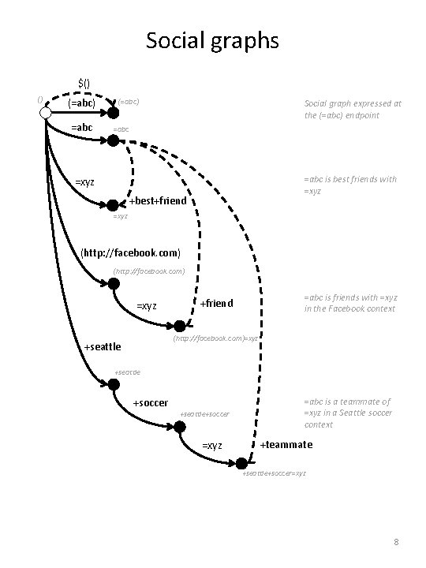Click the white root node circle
coord(46,114)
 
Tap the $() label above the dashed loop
coord(84,82)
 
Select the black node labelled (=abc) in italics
coord(113,114)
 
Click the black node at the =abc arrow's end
coord(113,140)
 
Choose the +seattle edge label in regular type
coord(102,346)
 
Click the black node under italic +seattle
coord(114,385)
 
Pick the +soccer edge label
coord(150,403)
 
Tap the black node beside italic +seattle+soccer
coord(179,427)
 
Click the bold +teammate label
coord(286,445)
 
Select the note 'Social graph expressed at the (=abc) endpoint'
coord(353,109)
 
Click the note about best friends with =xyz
coord(350,185)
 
